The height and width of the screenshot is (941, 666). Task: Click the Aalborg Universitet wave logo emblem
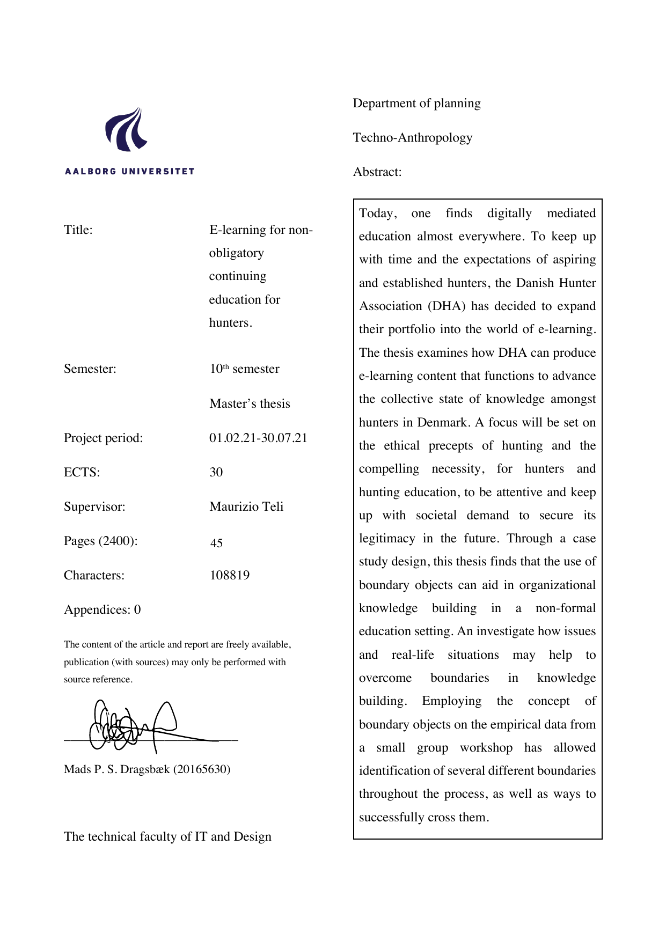pos(127,129)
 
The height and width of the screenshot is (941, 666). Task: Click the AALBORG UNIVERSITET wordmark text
pos(129,172)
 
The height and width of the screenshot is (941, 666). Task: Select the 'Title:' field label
pos(78,230)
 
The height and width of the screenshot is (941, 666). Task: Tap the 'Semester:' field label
pos(90,369)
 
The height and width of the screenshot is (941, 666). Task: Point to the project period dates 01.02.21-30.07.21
pos(258,438)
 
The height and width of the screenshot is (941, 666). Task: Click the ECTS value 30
pos(216,473)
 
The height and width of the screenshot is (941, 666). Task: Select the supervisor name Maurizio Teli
pos(246,507)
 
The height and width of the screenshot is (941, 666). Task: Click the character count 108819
pos(230,576)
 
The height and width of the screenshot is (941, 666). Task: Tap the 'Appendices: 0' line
pos(103,610)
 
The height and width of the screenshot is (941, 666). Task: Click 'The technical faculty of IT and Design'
pos(167,837)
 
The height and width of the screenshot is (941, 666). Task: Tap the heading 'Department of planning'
pos(416,104)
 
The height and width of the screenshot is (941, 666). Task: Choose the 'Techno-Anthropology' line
pos(413,138)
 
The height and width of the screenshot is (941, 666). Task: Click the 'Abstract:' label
pos(377,172)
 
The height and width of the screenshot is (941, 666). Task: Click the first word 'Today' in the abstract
pos(376,214)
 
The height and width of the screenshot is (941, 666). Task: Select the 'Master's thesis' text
pos(250,404)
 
